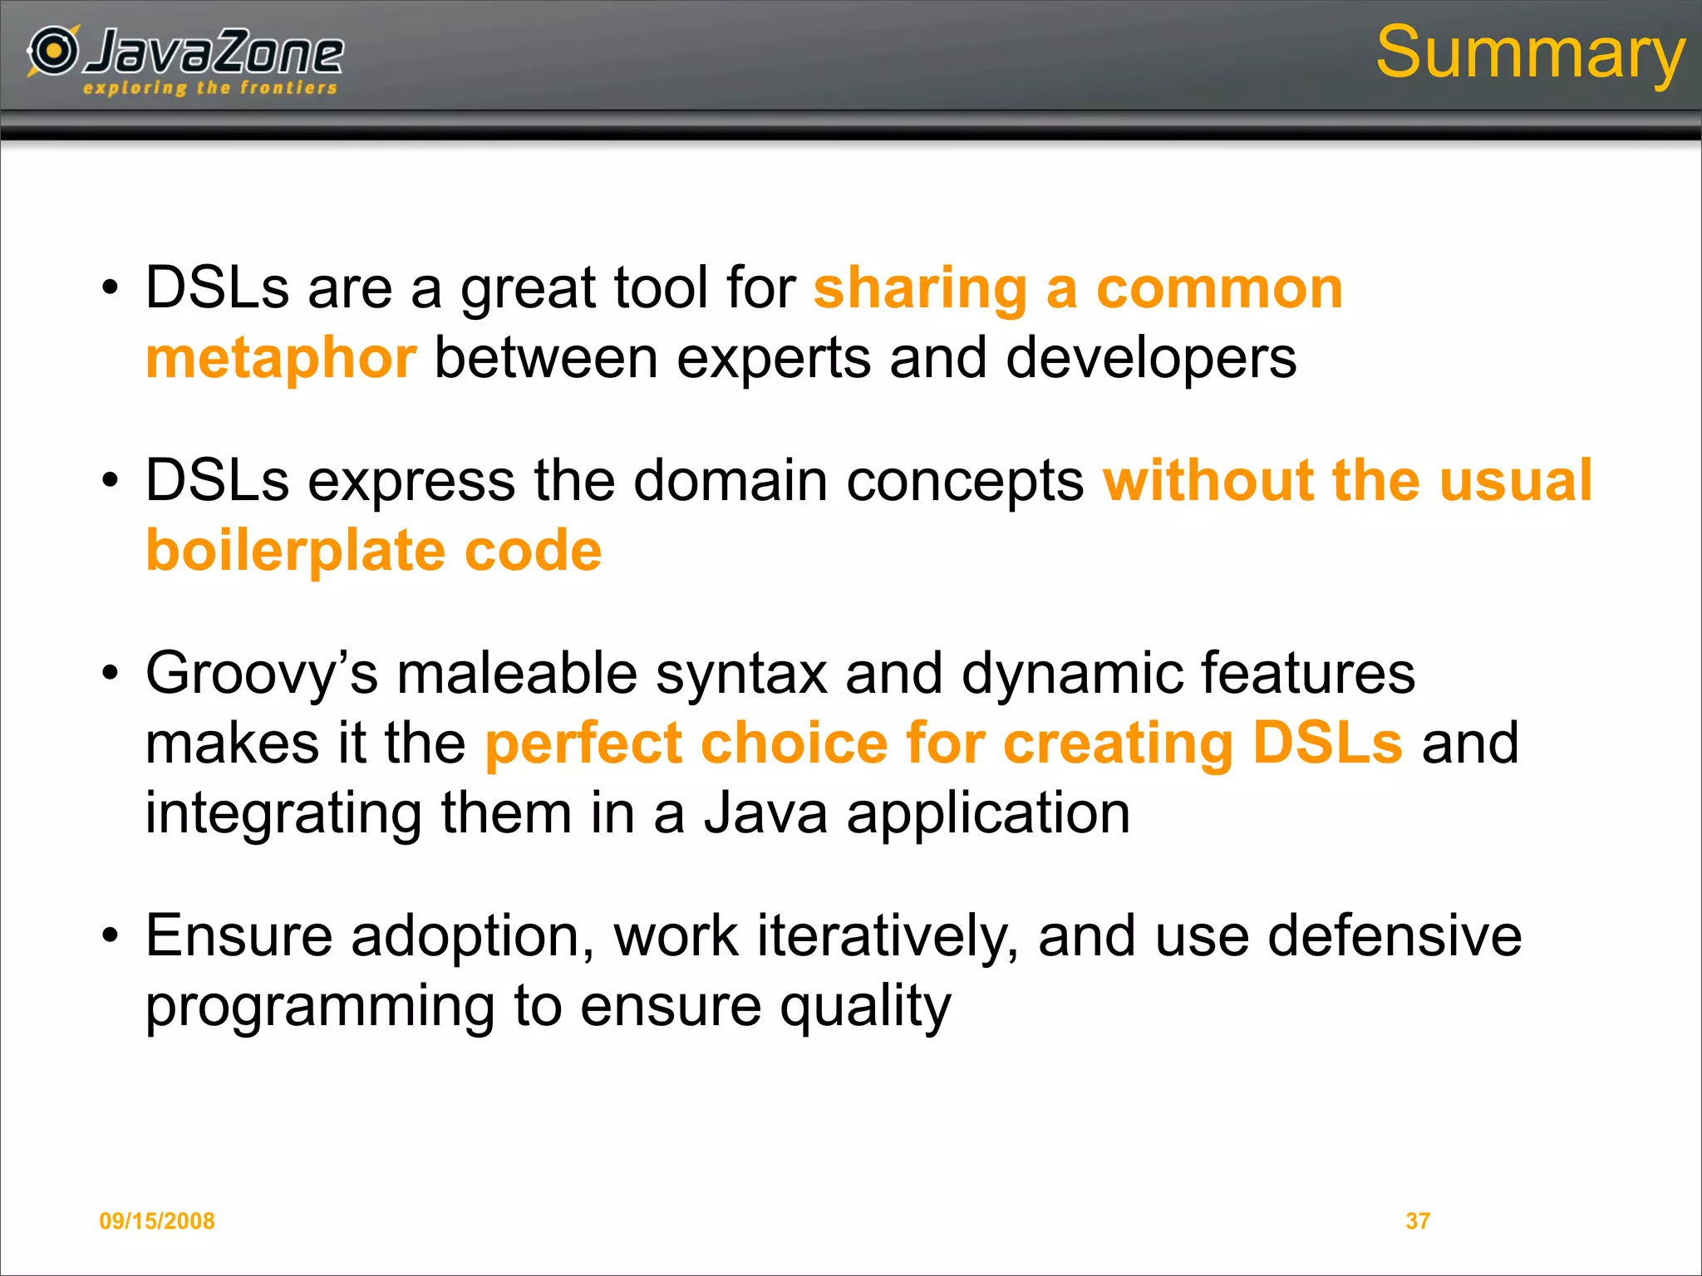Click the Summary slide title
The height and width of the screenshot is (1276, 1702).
tap(1529, 53)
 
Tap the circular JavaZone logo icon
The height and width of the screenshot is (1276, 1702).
tap(54, 51)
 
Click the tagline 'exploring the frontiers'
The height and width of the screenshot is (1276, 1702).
tap(210, 88)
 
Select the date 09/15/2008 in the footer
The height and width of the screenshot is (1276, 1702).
tap(157, 1220)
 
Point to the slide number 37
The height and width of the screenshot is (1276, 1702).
tap(1417, 1220)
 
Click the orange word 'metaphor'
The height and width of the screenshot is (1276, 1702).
tap(281, 359)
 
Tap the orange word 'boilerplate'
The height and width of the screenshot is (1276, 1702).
tap(296, 552)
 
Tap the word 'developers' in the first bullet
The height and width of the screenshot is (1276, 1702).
tap(1150, 359)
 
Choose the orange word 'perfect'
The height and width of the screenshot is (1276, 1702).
tap(583, 744)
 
